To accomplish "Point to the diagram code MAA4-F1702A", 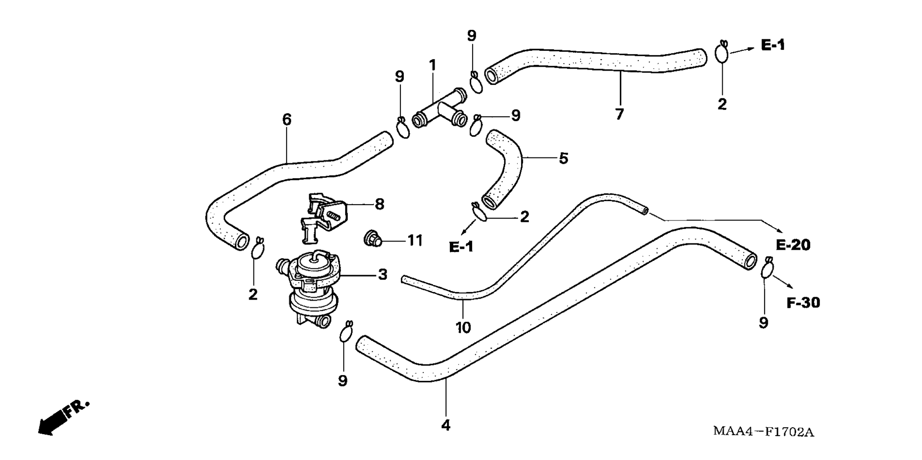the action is [763, 431].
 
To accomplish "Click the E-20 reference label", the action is [793, 245].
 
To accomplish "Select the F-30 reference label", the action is [803, 303].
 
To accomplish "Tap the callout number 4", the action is [446, 425].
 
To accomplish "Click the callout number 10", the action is [463, 327].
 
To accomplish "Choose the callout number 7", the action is [619, 114].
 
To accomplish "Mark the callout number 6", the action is [287, 120].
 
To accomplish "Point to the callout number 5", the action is [563, 158].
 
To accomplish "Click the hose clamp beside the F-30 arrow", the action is [767, 268].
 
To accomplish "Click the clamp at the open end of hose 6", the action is [258, 248].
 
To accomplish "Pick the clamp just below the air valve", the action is [347, 331].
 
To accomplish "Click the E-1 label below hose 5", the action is [461, 247].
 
